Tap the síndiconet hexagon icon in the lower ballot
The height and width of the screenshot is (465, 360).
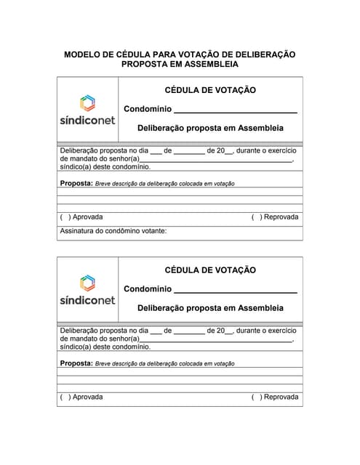[x=87, y=283]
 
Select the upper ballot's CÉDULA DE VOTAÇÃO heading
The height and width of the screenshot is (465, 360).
[x=210, y=90]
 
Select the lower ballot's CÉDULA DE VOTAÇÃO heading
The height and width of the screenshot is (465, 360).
[x=210, y=270]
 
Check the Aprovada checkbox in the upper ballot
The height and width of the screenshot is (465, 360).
[x=65, y=217]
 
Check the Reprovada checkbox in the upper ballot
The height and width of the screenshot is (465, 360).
[x=255, y=217]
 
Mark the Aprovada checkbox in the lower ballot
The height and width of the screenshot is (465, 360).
[x=65, y=397]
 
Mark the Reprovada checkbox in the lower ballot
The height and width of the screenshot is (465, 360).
[x=255, y=397]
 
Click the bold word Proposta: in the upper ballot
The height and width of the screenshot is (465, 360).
[x=76, y=183]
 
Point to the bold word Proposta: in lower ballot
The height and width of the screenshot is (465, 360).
[x=76, y=363]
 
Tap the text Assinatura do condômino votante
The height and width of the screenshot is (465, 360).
[x=113, y=231]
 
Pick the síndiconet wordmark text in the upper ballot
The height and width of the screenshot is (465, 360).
[x=87, y=120]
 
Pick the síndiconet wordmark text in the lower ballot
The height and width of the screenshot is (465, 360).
[x=87, y=299]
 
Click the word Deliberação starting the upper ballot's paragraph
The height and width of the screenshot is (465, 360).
[x=79, y=150]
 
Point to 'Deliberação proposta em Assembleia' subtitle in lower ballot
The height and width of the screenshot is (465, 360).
[x=210, y=308]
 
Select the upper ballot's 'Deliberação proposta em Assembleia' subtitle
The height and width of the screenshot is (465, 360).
[x=210, y=128]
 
